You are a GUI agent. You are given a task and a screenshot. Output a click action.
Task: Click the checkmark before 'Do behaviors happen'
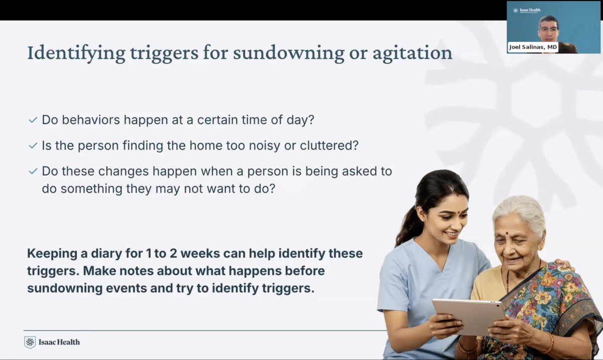point(33,121)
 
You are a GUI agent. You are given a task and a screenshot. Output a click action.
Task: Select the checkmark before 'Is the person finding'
point(33,146)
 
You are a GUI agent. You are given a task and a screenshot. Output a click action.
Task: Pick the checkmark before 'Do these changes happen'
point(33,171)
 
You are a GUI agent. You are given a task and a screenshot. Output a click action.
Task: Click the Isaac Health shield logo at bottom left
point(30,342)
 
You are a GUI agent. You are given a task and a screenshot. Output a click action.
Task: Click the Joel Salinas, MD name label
point(533,47)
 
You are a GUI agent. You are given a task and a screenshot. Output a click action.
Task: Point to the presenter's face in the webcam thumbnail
point(548,28)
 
